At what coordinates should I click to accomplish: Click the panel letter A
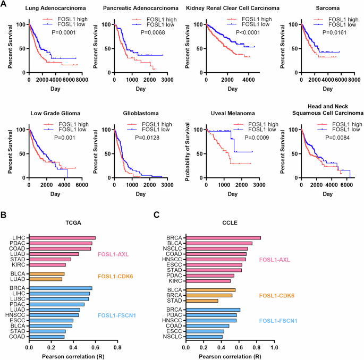4,4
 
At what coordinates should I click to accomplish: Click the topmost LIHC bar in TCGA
62,238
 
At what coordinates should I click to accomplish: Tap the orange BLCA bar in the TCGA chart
47,273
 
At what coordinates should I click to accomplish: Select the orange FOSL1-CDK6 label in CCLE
277,295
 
